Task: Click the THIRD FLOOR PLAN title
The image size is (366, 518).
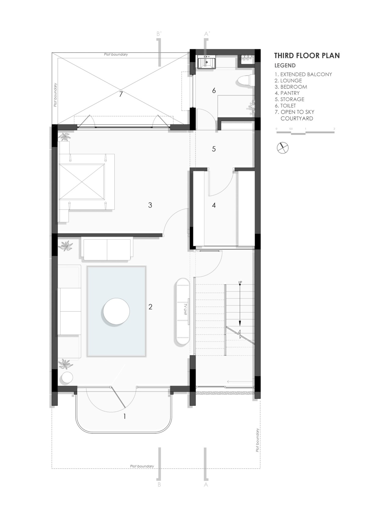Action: point(307,56)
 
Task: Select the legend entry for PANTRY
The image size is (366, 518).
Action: point(287,93)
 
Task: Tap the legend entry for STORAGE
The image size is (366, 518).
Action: point(289,99)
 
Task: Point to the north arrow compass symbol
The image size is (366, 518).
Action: point(283,147)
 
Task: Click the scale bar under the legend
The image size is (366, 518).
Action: point(306,132)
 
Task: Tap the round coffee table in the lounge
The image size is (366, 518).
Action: point(116,311)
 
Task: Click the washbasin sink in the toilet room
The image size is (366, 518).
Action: point(207,62)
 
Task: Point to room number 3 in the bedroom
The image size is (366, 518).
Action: point(150,205)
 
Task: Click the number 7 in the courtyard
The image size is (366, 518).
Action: point(120,94)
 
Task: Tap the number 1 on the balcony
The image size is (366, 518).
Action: point(125,416)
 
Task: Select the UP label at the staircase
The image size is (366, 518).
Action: point(240,283)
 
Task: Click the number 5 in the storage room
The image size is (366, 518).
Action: point(214,149)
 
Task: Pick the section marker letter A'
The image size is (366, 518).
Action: point(206,34)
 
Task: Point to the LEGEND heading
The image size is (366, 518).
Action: point(285,65)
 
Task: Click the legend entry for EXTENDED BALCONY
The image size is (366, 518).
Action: point(303,74)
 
